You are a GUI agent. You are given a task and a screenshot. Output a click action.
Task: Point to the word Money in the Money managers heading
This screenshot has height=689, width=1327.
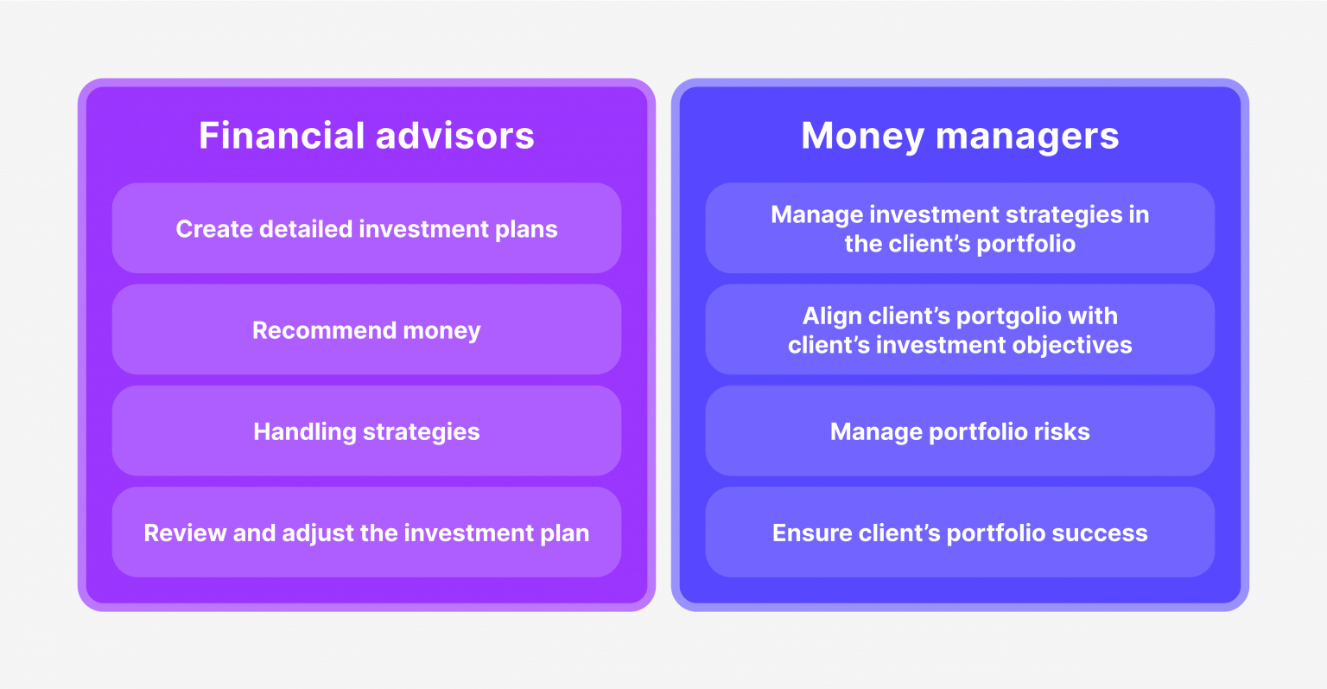(862, 136)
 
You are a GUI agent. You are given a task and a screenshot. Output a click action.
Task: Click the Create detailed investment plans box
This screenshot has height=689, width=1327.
(366, 228)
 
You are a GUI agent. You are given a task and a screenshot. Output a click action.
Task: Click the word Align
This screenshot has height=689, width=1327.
(830, 316)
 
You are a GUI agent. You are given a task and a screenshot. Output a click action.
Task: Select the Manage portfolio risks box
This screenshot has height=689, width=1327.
(960, 431)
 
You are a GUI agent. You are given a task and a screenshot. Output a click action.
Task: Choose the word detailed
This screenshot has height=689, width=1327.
(307, 228)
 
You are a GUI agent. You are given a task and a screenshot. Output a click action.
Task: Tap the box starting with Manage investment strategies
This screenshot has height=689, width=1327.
(960, 228)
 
